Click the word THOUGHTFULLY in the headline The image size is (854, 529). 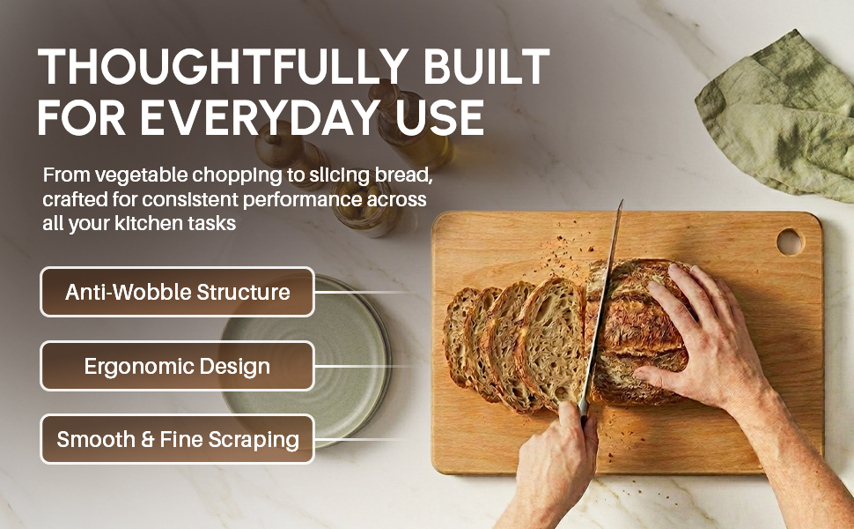tap(224, 66)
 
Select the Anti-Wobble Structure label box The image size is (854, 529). tap(178, 292)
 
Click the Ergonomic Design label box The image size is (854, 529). tap(178, 366)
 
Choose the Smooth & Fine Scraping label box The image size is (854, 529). tap(178, 439)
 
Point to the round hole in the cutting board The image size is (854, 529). tap(790, 242)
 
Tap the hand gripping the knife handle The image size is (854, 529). tap(556, 452)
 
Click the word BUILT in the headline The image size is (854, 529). tap(486, 66)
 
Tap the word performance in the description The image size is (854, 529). tap(302, 200)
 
